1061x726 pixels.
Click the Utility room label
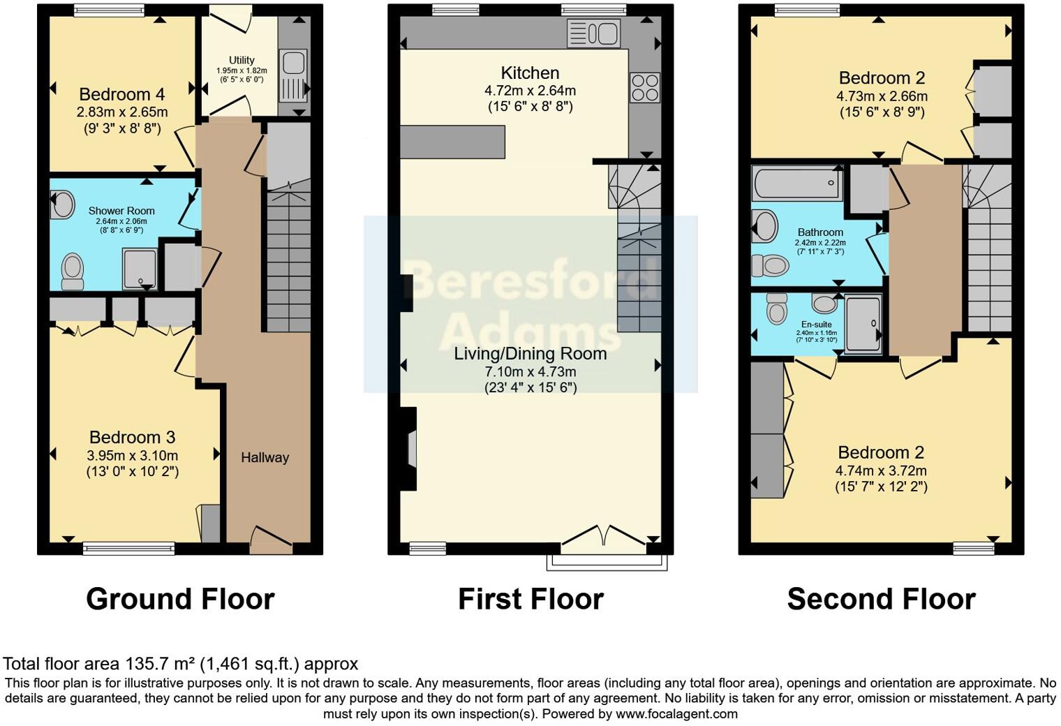[x=242, y=60]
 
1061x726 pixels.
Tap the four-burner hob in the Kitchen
[x=645, y=87]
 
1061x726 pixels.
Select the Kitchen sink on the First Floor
[x=593, y=34]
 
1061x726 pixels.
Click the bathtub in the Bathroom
[x=797, y=183]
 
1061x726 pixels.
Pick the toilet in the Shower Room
[x=73, y=272]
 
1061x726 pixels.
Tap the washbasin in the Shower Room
[x=63, y=205]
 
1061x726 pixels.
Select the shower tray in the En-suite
[x=863, y=324]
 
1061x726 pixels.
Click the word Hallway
[x=265, y=457]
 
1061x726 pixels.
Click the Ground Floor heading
[x=181, y=599]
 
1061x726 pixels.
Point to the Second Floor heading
[x=882, y=599]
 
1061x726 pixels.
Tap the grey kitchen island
[x=452, y=142]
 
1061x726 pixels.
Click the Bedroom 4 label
[x=121, y=94]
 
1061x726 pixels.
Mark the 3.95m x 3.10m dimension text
[x=133, y=456]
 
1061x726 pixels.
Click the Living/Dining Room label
[x=530, y=354]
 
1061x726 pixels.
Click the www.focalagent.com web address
[x=676, y=713]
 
